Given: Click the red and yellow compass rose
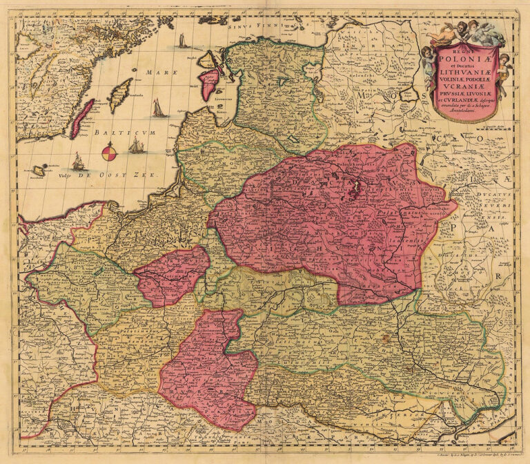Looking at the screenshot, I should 109,152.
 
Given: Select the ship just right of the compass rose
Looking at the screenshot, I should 137,146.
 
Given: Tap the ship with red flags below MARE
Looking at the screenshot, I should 158,108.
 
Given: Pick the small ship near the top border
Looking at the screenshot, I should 183,41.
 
